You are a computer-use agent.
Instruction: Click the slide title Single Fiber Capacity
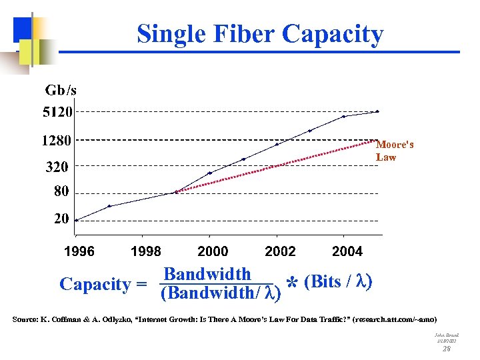click(x=260, y=33)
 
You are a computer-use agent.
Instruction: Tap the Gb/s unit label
click(x=61, y=89)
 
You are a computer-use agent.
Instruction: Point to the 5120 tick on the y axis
click(x=57, y=112)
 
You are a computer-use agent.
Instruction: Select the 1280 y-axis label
click(x=57, y=141)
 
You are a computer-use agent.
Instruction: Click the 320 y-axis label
click(x=57, y=167)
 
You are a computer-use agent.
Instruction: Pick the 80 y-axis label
click(x=61, y=192)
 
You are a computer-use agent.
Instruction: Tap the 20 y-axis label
click(x=61, y=219)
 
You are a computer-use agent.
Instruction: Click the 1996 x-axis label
click(x=79, y=251)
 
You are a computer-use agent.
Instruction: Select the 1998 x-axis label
click(x=145, y=251)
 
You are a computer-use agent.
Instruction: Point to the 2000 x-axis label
click(x=213, y=251)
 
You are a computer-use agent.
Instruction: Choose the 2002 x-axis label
click(x=280, y=251)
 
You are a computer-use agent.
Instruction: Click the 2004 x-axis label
click(x=347, y=251)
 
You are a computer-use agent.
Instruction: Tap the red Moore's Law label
click(x=395, y=151)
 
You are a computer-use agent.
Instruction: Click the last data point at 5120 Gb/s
click(x=377, y=111)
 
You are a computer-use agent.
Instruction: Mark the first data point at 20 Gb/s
click(x=76, y=220)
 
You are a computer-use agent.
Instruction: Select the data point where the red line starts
click(x=176, y=192)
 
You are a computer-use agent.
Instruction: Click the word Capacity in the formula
click(x=95, y=284)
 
